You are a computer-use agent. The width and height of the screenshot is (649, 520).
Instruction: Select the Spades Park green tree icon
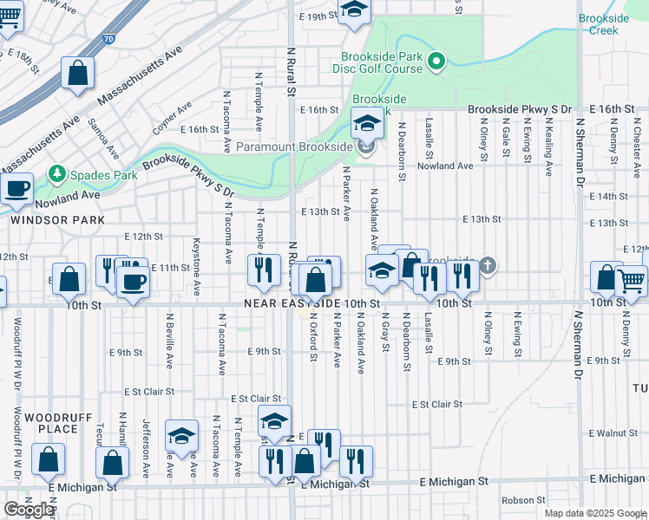coord(58,174)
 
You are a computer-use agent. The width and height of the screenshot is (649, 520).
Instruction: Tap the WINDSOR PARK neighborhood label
coord(44,220)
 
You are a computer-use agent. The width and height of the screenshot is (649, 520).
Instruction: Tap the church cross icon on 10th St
coord(488,265)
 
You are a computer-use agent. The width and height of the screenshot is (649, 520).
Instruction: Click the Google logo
coord(29,510)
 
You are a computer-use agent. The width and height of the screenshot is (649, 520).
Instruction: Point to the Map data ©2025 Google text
coord(593,513)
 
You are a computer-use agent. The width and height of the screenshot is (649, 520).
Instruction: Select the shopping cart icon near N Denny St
coord(632,280)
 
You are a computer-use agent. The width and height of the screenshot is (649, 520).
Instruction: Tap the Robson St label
coord(522,500)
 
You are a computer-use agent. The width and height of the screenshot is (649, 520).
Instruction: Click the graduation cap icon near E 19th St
coord(353,10)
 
